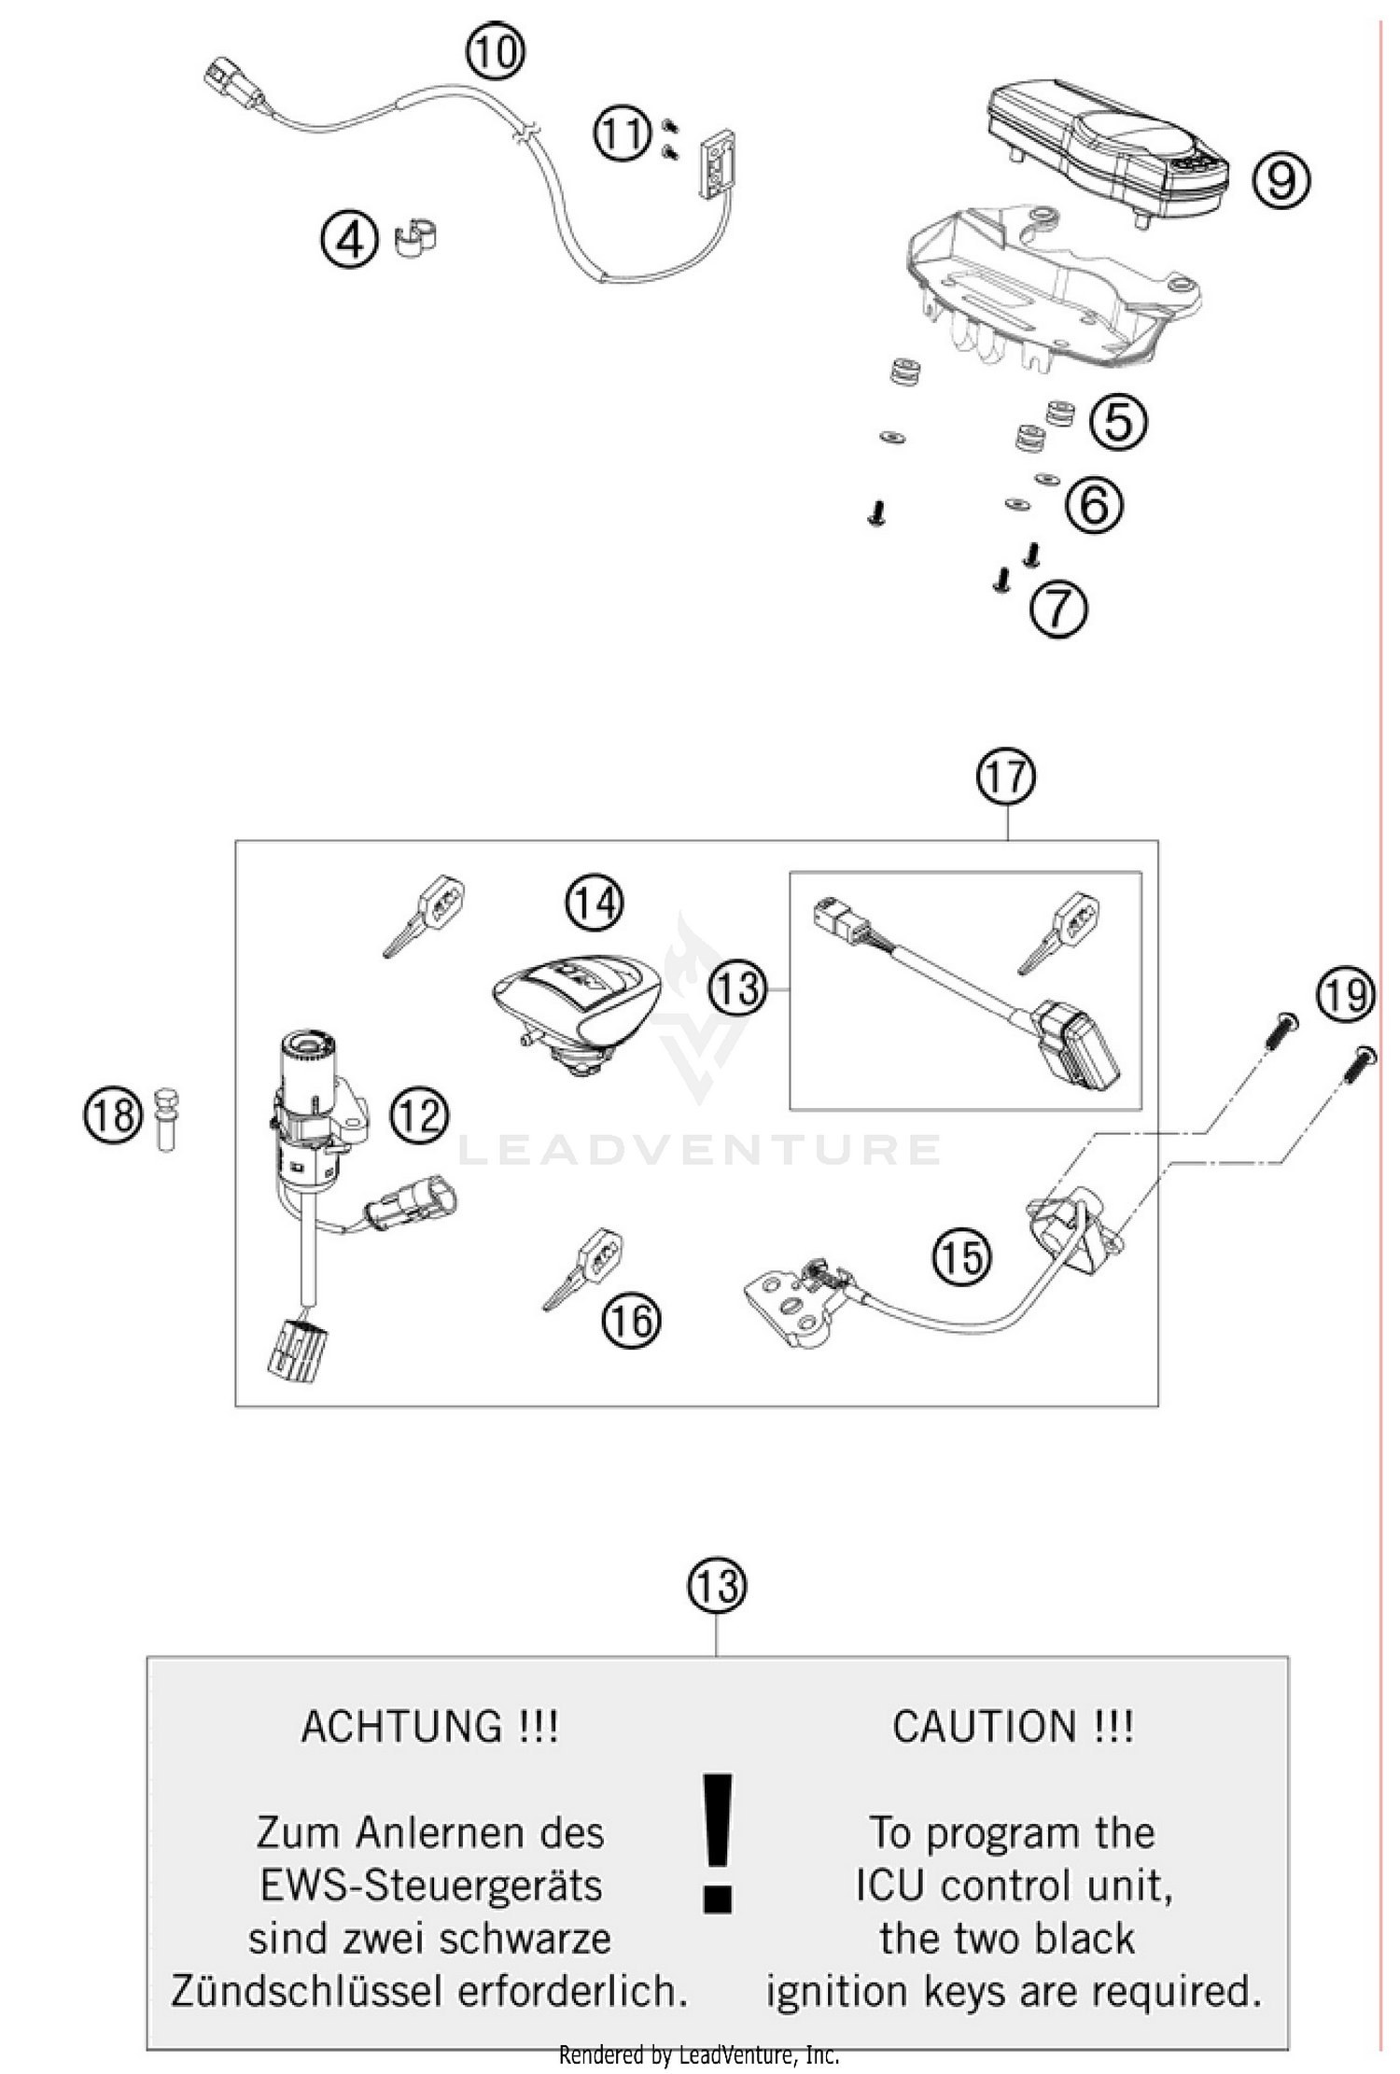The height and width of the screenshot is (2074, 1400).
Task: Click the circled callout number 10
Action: coord(496,53)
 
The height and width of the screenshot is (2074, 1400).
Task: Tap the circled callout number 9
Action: coord(1281,180)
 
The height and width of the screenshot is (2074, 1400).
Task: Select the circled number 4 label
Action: coord(349,241)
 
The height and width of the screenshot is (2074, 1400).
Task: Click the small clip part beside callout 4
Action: coord(417,238)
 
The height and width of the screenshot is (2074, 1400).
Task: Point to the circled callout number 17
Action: coord(1006,777)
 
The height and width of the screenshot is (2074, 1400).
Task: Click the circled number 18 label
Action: coord(113,1115)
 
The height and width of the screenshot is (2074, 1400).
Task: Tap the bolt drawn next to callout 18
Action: coord(166,1119)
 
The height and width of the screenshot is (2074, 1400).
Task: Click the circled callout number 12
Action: coord(418,1115)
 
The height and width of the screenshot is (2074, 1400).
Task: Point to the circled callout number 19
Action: coord(1345,995)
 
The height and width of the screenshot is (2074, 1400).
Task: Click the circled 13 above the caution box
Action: coord(717,1586)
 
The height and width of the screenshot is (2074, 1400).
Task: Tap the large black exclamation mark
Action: coord(717,1843)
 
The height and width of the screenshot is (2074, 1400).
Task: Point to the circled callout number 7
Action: coord(1058,610)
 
